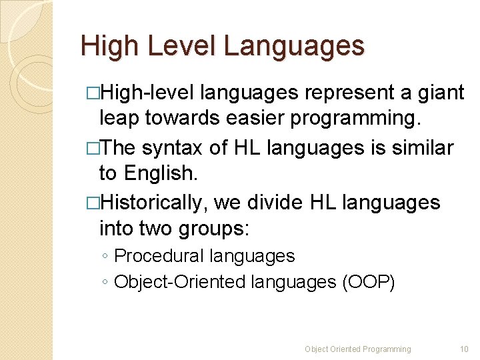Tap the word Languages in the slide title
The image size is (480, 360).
tap(295, 46)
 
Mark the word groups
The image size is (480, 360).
tap(213, 229)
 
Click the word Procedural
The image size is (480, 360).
tap(159, 256)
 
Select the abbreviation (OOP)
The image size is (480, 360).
tap(369, 282)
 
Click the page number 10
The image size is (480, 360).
tap(465, 349)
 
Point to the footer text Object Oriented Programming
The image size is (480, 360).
tap(358, 349)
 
